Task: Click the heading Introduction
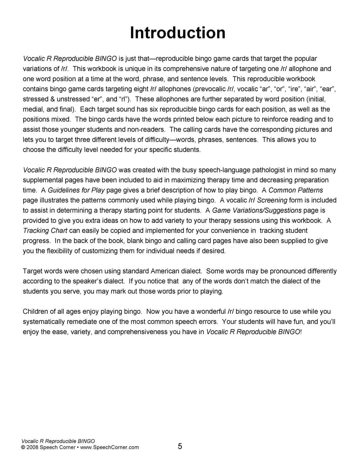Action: click(177, 33)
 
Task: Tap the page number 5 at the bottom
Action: click(180, 446)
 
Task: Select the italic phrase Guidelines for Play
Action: click(76, 190)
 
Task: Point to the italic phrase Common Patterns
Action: click(296, 190)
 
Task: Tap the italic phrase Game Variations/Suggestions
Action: click(257, 210)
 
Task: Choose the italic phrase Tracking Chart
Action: click(45, 230)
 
